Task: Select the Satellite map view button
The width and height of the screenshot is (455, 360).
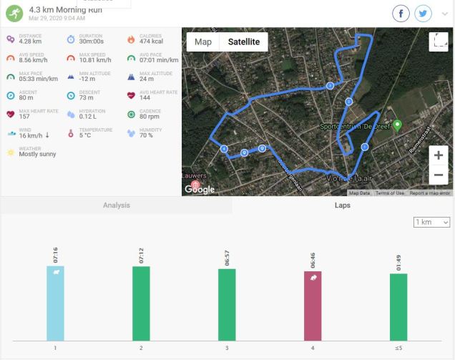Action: (x=243, y=42)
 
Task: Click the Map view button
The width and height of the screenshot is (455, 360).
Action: (x=203, y=42)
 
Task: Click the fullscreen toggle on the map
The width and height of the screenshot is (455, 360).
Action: (x=438, y=42)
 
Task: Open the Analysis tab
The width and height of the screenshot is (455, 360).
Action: (x=116, y=205)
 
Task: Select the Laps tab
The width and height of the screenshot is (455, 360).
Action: (x=343, y=205)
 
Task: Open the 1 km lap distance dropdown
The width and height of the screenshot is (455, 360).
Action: (x=431, y=223)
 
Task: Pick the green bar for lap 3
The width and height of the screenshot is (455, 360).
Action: (x=227, y=303)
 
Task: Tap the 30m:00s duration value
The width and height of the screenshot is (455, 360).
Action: (x=92, y=42)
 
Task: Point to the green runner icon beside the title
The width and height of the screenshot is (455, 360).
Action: (x=14, y=13)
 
